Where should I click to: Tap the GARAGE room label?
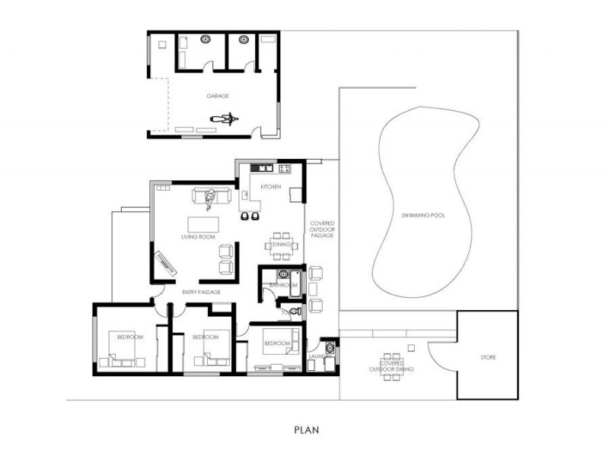pyautogui.click(x=218, y=97)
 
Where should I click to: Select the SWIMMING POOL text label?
pyautogui.click(x=423, y=216)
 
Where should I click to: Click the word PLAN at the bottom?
pyautogui.click(x=306, y=429)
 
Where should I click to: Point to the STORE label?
pyautogui.click(x=488, y=356)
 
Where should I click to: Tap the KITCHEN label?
pyautogui.click(x=271, y=186)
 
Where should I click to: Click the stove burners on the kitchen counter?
pyautogui.click(x=285, y=168)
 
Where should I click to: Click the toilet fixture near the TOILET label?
pyautogui.click(x=296, y=311)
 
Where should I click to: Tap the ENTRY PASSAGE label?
pyautogui.click(x=202, y=292)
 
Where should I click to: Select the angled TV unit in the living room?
pyautogui.click(x=166, y=261)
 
